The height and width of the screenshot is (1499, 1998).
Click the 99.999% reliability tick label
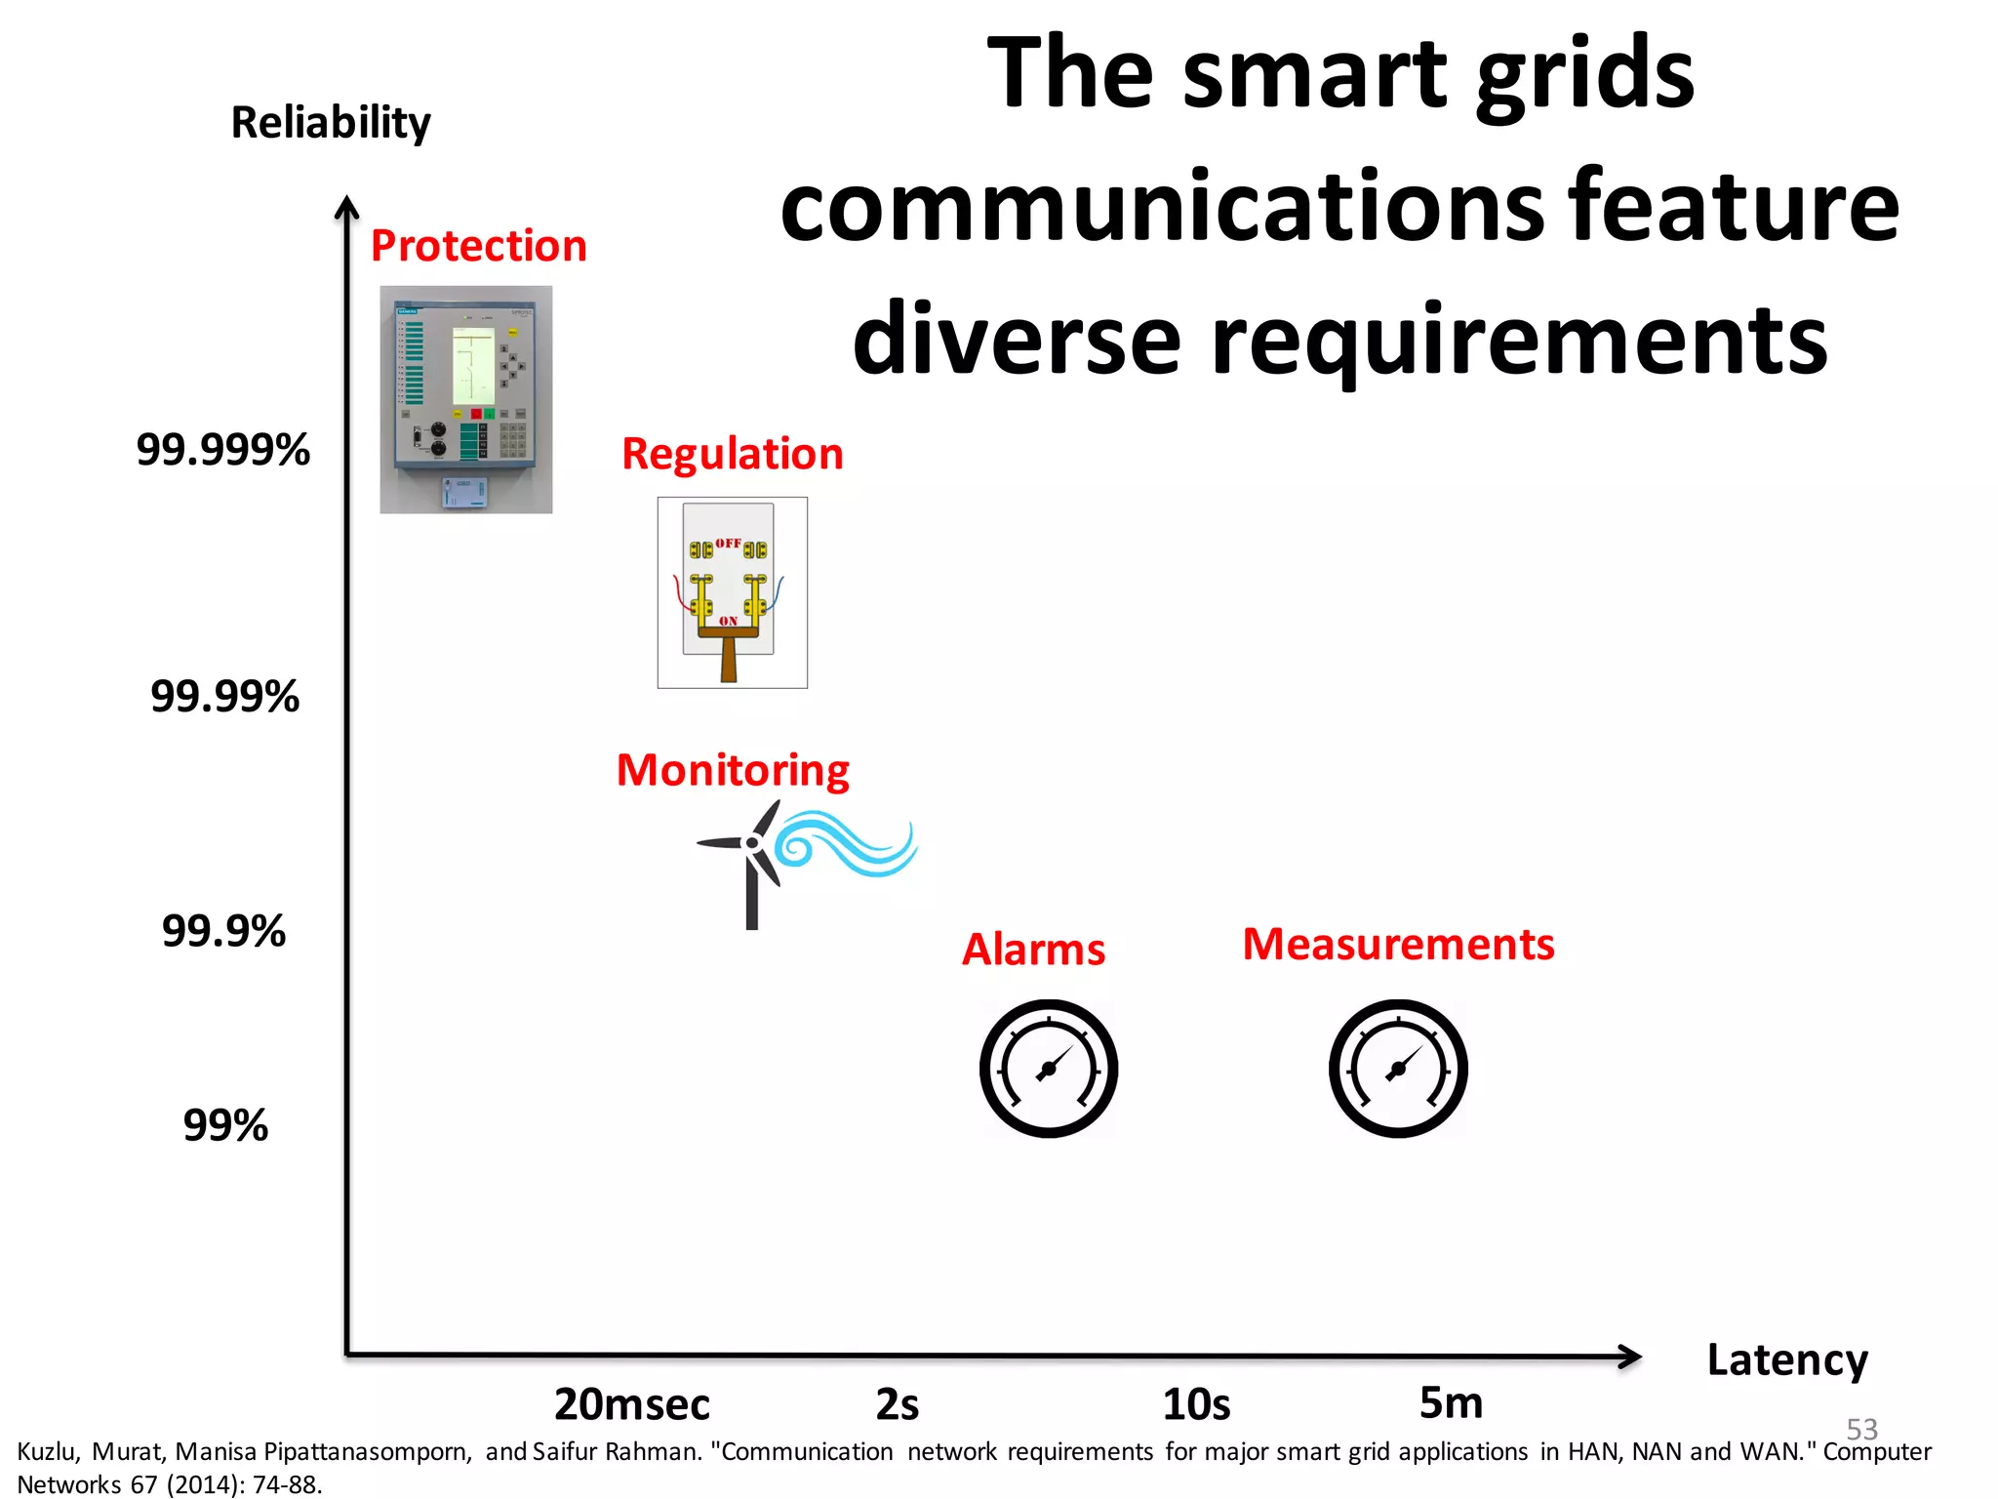[223, 450]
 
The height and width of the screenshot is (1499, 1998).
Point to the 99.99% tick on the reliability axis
[225, 697]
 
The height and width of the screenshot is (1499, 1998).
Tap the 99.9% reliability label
[224, 931]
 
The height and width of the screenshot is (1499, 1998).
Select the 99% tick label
[225, 1125]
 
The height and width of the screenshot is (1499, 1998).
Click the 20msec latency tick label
[632, 1404]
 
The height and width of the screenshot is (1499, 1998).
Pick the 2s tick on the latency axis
[898, 1404]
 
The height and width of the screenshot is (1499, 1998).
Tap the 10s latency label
[1196, 1404]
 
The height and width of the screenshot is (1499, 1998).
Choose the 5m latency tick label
[1451, 1403]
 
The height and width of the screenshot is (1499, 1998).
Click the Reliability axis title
[331, 123]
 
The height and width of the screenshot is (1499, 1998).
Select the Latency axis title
[1787, 1359]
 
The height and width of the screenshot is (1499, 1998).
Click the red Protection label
[479, 246]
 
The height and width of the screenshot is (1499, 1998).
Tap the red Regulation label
[733, 454]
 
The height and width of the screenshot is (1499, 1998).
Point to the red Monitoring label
[733, 770]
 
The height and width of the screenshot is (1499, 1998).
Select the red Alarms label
[1034, 950]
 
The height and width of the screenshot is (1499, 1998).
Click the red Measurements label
[1398, 945]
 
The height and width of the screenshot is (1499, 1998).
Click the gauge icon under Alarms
[1049, 1069]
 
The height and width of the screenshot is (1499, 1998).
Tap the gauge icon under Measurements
[1398, 1069]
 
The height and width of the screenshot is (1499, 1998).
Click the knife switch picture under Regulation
[732, 592]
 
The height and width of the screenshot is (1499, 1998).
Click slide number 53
[1861, 1429]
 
